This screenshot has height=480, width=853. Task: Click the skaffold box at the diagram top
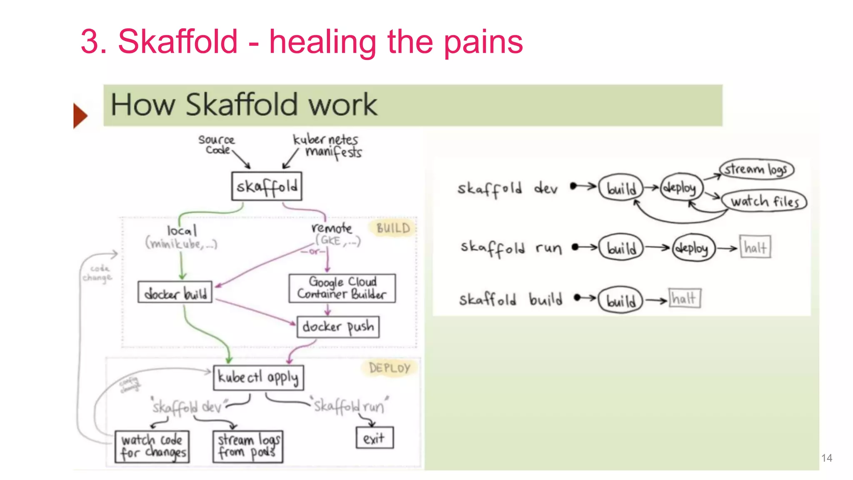point(267,186)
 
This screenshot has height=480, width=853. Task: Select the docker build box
point(175,292)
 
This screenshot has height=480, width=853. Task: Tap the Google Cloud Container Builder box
point(342,288)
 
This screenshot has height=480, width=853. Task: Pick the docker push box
point(338,327)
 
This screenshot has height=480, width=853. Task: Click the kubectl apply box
point(258,377)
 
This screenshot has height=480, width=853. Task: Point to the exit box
point(374,438)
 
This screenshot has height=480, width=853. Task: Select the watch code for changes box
point(152,447)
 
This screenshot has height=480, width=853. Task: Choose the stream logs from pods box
point(248,447)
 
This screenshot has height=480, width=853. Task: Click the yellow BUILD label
point(393,228)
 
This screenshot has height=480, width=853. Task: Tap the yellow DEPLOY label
point(389,368)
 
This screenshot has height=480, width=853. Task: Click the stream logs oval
point(756,169)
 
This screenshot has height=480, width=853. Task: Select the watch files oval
point(765,202)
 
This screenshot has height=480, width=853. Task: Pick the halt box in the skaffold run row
point(755,247)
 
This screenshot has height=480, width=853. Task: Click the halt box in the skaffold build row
point(684,298)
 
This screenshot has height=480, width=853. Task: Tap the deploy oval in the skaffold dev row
point(681,188)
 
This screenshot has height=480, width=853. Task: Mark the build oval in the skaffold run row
point(621,248)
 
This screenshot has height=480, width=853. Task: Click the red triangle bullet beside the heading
point(80,115)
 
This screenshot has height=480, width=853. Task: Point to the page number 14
point(826,458)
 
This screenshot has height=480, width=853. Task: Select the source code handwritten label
point(216,144)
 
